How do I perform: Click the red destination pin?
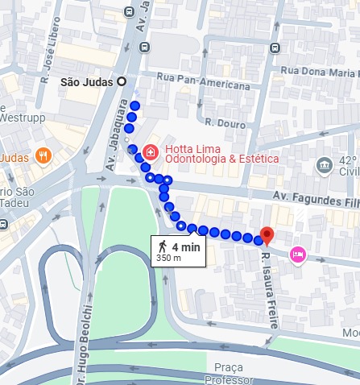tap(267, 235)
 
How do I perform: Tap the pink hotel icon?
tap(297, 255)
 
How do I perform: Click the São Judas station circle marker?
tap(122, 81)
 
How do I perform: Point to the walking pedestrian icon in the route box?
tap(163, 246)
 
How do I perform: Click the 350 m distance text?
tap(169, 259)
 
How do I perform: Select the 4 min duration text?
tap(184, 246)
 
